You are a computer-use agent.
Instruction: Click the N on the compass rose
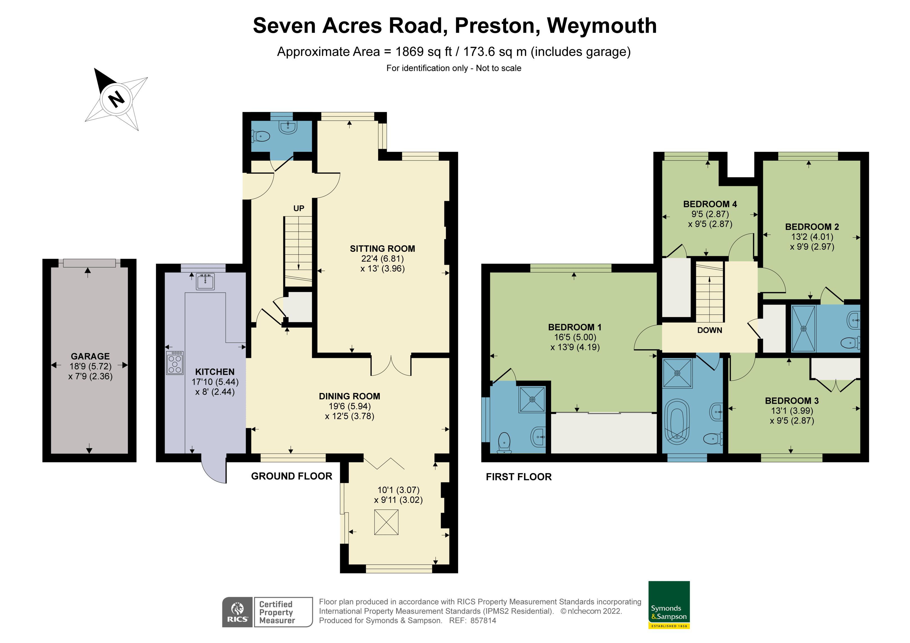pos(116,99)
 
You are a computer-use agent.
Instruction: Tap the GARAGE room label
pos(90,356)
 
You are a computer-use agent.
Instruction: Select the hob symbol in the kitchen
pos(175,363)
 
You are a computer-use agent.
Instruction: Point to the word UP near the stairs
pos(299,208)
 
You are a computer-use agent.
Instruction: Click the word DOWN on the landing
pos(709,330)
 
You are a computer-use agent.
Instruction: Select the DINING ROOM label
pos(349,396)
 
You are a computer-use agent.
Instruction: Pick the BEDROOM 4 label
pos(710,204)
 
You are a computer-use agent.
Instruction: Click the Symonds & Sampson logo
pos(669,605)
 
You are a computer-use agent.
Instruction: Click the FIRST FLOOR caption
pos(518,477)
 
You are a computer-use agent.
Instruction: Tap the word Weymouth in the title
pos(602,26)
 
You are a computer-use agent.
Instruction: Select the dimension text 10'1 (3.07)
pos(398,490)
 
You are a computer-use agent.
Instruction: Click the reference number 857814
pos(483,621)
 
